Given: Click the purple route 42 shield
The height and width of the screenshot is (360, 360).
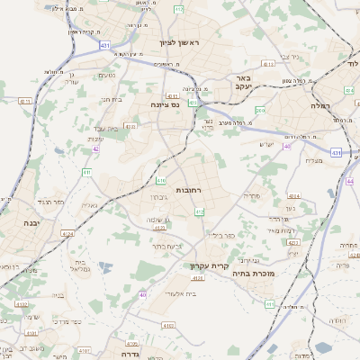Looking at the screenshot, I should tap(95, 148).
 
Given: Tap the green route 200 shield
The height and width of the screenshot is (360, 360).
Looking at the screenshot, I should tap(259, 111).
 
